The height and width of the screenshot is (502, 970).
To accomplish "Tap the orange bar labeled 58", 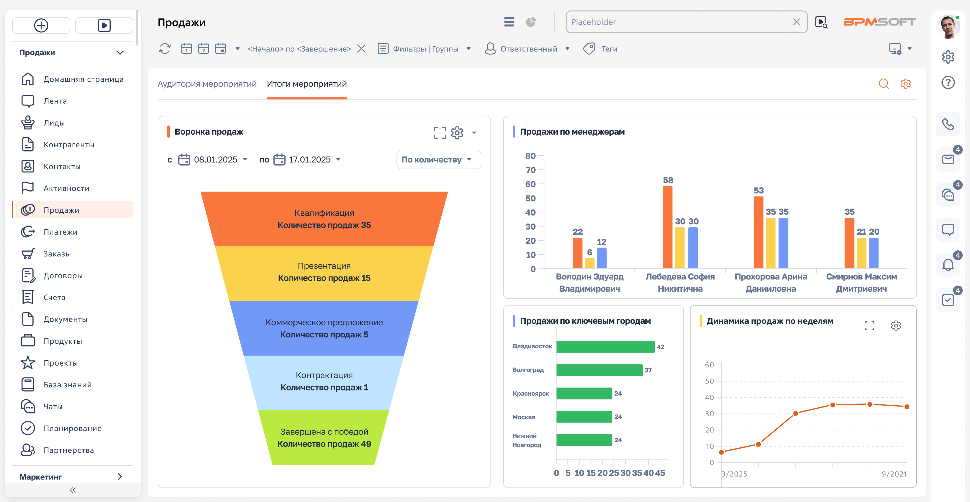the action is coord(667,227).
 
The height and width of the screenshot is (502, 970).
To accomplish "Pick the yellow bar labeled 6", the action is coord(590,263).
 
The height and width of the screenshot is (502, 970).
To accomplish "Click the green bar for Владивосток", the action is coord(605,347).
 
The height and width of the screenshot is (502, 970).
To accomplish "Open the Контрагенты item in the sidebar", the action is coord(69,145).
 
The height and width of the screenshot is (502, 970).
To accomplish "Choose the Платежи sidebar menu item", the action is coord(60,232).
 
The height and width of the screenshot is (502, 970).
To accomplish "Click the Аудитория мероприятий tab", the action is coord(207,84).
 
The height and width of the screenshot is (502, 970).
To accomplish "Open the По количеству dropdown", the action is coord(438,160).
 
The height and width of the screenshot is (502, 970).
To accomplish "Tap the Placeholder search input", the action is coord(680,22).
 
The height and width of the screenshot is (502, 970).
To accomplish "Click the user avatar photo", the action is coord(947,27).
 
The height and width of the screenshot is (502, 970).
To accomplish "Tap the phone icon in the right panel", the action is coord(948,124).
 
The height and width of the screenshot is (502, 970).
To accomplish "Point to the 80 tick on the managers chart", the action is coord(530,156).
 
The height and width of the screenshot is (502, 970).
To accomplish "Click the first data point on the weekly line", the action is coord(721,452).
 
